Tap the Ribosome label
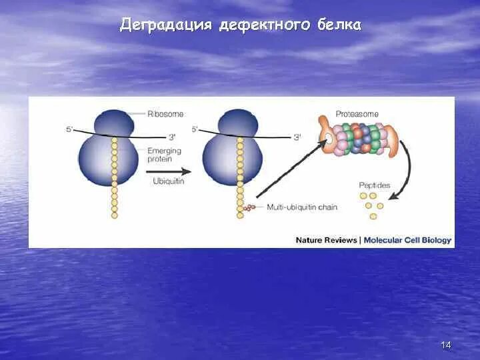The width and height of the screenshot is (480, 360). point(165,114)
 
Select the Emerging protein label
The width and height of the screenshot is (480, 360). point(164,155)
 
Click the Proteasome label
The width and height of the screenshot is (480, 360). point(355,114)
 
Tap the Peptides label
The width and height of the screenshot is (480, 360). point(375,185)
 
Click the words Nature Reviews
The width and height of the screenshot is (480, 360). point(327,240)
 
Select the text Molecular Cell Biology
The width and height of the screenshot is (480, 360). point(407,240)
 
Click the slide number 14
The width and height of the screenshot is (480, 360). point(446,345)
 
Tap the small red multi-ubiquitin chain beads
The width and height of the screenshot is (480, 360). point(250,208)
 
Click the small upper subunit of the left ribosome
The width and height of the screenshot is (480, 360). point(113,123)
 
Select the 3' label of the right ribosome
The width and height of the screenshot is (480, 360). point(297,137)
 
